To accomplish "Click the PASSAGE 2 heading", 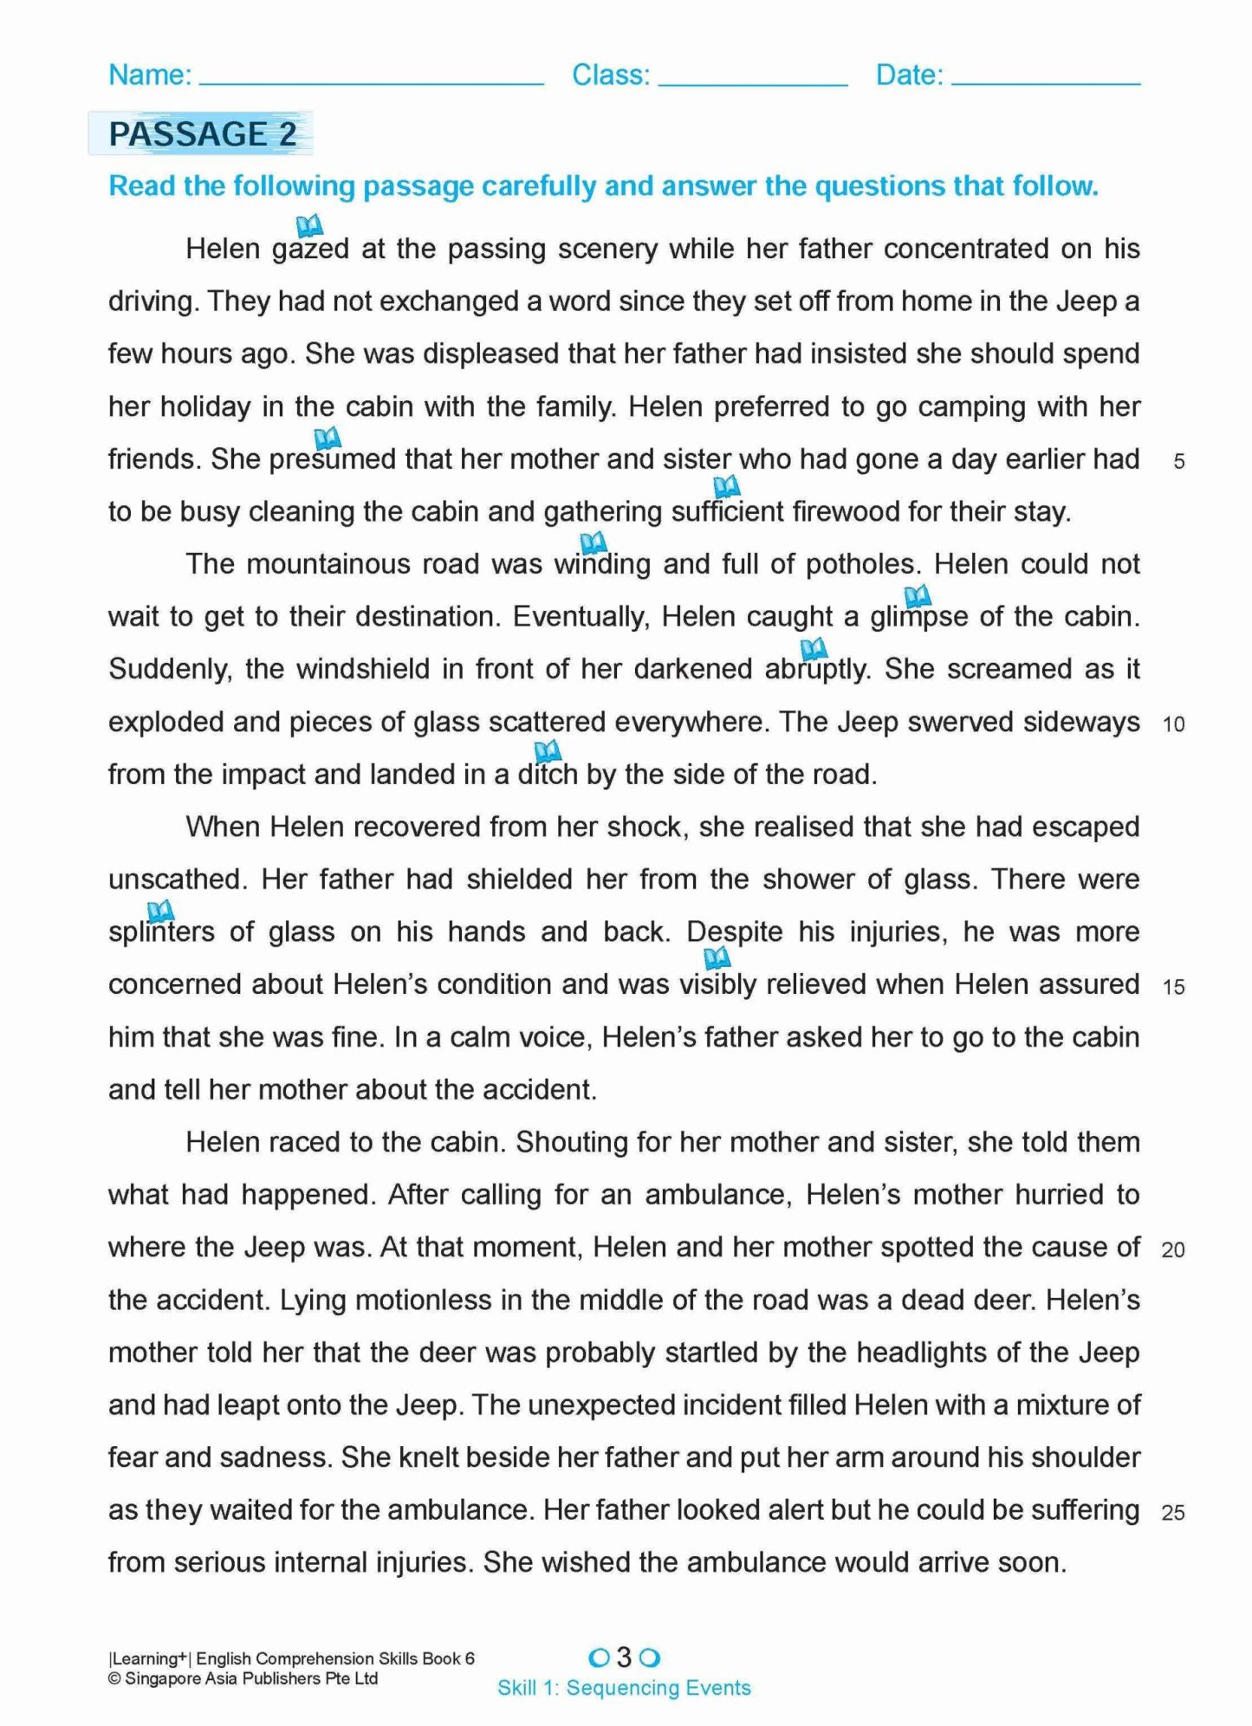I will pos(202,134).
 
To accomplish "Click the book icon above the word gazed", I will pos(309,226).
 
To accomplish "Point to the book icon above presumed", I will pos(327,438).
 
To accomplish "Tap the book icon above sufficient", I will pos(726,486).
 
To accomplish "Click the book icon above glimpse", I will pos(917,595).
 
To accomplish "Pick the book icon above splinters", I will pos(160,911).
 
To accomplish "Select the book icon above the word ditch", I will pos(547,750).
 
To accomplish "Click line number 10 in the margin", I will pos(1173,724).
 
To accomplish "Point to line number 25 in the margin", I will pos(1173,1513).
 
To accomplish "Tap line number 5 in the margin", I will pos(1178,462).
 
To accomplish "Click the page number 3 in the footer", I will pos(624,1658).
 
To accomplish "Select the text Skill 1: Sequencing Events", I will pos(624,1688).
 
